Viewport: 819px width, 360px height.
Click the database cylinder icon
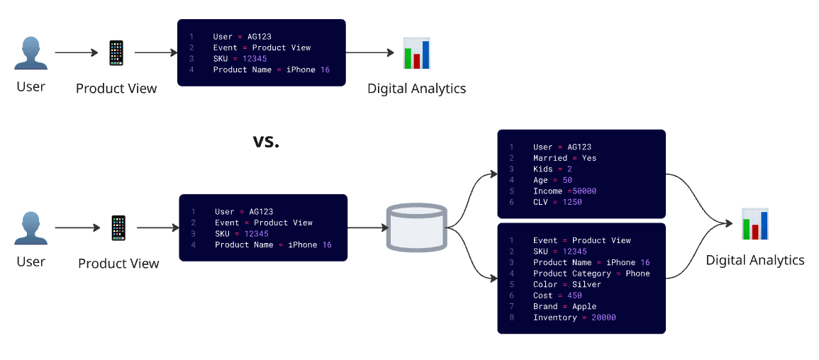tap(416, 227)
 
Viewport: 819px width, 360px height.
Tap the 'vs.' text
tap(267, 140)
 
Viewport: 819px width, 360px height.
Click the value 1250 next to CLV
tap(572, 202)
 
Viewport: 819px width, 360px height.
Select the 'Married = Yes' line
tap(564, 158)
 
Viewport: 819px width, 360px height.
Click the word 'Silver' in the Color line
tap(586, 284)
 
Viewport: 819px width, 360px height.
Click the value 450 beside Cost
tap(574, 296)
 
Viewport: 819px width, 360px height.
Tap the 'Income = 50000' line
tap(564, 191)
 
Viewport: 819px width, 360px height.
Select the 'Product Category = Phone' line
tap(591, 274)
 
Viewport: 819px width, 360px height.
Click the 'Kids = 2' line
tap(552, 169)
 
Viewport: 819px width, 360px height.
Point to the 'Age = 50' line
tap(552, 180)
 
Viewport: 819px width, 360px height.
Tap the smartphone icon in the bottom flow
tap(118, 228)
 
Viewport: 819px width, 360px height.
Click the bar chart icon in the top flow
tap(417, 53)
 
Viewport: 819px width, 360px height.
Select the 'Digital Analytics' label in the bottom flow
tap(754, 260)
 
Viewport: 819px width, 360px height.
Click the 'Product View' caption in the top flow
tap(116, 89)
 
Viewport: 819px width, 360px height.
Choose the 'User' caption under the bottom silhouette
tap(30, 261)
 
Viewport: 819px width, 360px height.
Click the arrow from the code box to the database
tap(367, 228)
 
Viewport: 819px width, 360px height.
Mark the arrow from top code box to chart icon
tap(369, 53)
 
